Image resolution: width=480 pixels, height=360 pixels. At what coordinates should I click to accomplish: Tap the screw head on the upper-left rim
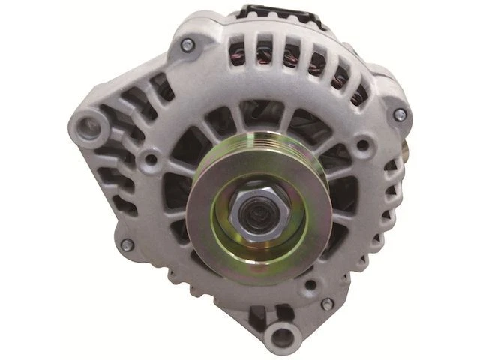pyautogui.click(x=187, y=46)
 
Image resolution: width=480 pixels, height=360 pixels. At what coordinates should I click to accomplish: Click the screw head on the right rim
pyautogui.click(x=400, y=115)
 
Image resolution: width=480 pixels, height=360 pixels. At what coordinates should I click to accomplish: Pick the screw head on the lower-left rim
pyautogui.click(x=127, y=245)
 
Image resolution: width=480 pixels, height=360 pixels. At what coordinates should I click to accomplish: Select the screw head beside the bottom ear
pyautogui.click(x=327, y=304)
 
